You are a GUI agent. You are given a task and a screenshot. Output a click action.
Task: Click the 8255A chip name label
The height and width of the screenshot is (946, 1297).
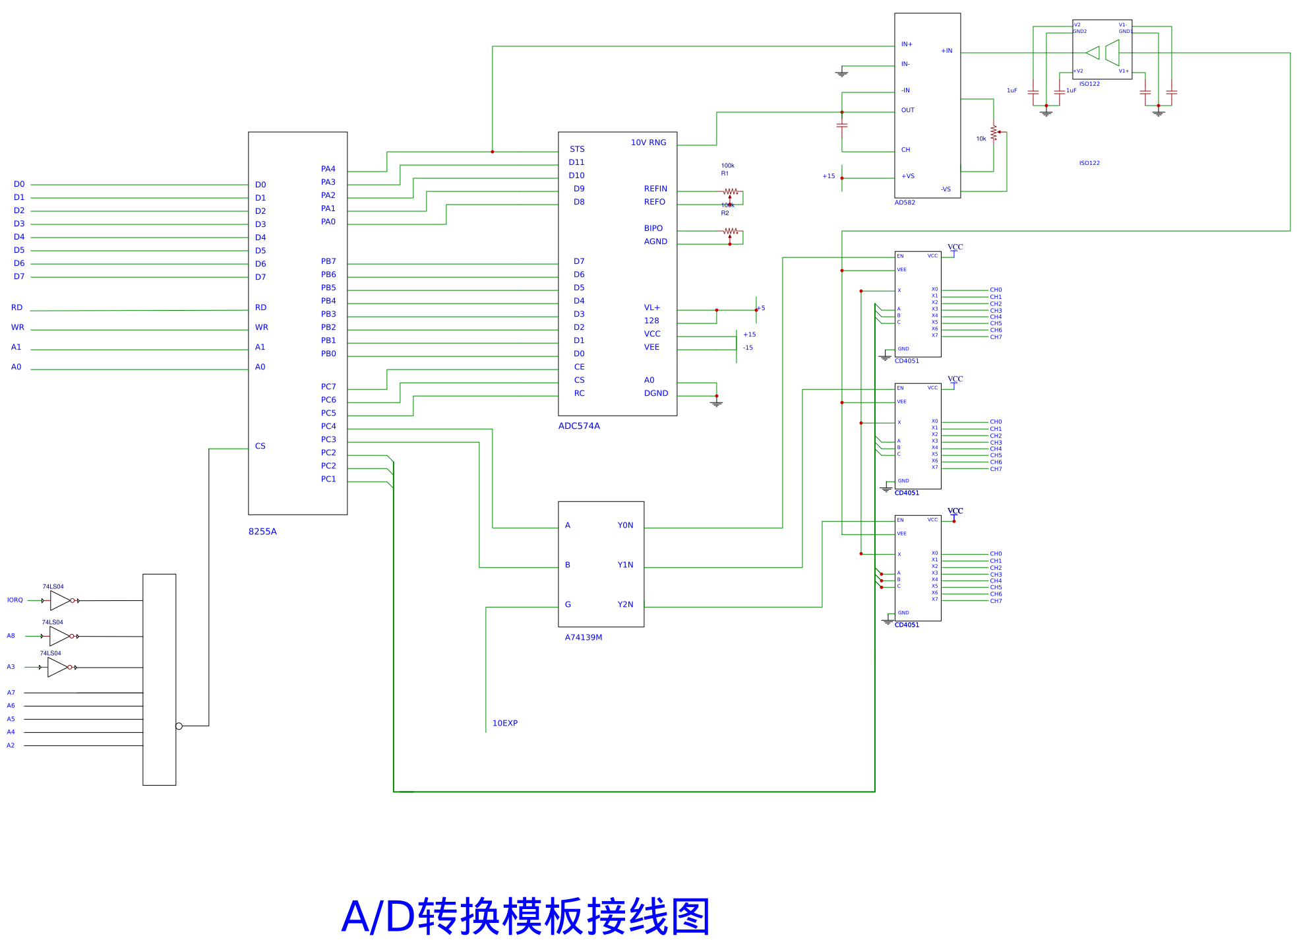click(262, 532)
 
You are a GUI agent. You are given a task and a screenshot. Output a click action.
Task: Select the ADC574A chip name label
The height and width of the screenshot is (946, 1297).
click(579, 426)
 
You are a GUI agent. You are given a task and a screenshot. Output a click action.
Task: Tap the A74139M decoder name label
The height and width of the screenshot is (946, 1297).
click(583, 637)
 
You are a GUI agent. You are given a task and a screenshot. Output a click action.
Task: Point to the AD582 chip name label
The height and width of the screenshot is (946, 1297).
click(905, 203)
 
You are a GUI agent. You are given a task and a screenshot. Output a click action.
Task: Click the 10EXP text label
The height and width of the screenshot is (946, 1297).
click(505, 723)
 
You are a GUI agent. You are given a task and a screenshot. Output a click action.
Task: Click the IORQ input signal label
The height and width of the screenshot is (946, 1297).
click(15, 600)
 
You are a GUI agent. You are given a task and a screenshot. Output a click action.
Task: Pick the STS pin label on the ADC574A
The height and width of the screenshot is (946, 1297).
click(577, 149)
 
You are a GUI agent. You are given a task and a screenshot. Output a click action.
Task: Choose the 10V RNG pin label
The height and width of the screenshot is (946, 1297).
click(648, 142)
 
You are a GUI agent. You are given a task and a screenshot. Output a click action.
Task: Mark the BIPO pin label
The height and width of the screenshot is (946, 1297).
click(653, 228)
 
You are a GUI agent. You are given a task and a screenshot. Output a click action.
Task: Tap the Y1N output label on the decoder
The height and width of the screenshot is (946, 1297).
click(625, 565)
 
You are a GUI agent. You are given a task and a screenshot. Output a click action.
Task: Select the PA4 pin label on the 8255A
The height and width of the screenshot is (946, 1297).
click(328, 169)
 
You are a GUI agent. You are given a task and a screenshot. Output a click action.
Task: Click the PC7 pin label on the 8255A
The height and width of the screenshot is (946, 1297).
click(328, 387)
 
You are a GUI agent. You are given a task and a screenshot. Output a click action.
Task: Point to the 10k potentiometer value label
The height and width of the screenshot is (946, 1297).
click(981, 139)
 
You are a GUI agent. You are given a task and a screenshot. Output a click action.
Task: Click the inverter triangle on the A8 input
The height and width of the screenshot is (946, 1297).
click(59, 636)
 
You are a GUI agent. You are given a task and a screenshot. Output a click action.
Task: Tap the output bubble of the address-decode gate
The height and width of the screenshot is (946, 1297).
click(179, 726)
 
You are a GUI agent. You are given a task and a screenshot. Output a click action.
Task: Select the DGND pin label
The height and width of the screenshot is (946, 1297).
click(655, 393)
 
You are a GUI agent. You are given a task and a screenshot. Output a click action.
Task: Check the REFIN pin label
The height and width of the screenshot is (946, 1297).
click(655, 189)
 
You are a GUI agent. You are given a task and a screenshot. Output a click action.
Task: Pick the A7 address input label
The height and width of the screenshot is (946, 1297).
click(11, 693)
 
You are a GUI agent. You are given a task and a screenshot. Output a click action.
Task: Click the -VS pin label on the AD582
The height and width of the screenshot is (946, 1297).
click(946, 189)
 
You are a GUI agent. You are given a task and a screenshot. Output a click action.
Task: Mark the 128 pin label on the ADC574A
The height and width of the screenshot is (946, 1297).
click(651, 321)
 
